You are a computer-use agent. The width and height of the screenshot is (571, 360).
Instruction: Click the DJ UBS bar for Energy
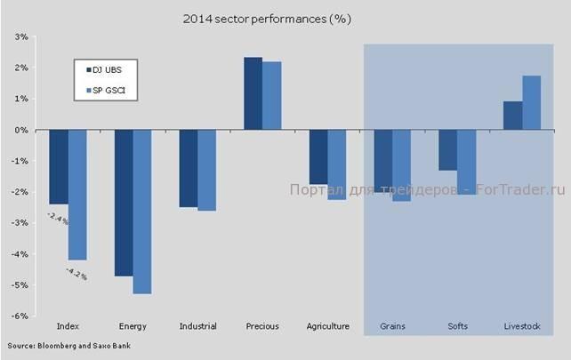(x=124, y=203)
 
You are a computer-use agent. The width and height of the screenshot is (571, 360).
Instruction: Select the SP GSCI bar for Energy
(x=142, y=212)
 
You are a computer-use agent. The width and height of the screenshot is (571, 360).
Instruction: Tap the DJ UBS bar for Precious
(x=253, y=93)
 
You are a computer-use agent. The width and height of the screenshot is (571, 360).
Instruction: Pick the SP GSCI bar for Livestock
(x=531, y=102)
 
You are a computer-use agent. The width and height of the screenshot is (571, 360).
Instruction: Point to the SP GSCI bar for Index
(x=77, y=195)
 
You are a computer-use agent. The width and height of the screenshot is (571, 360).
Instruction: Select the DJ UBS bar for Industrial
(x=189, y=168)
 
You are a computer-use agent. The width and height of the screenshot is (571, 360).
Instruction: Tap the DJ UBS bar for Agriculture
(x=318, y=156)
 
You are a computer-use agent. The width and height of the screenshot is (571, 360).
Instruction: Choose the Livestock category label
(x=521, y=327)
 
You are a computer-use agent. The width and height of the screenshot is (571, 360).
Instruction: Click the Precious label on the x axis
(x=261, y=327)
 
